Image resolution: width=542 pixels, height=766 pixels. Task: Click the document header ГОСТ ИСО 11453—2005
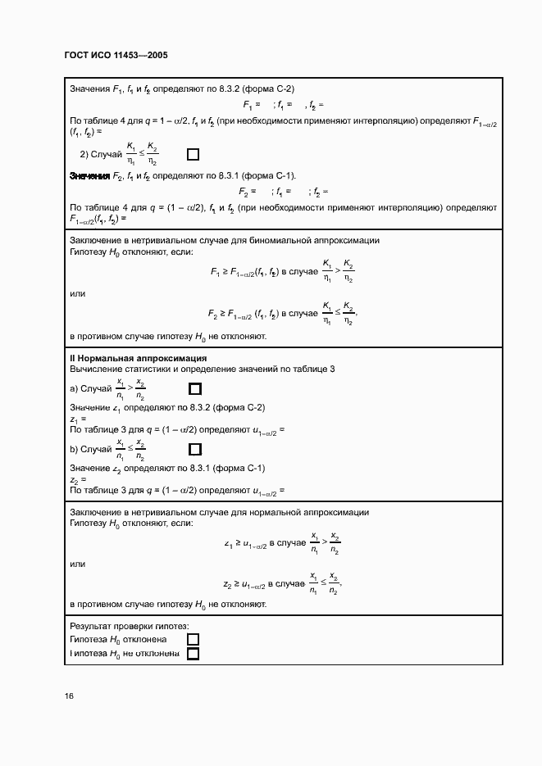tap(116, 56)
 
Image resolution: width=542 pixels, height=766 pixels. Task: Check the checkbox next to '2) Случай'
tap(194, 154)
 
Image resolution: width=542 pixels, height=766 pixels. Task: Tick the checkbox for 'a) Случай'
tap(195, 388)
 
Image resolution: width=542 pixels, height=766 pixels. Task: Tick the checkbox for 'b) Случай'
tap(195, 449)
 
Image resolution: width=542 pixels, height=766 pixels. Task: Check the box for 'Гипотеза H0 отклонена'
tap(194, 639)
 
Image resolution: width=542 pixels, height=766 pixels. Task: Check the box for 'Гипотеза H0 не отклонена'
tap(194, 654)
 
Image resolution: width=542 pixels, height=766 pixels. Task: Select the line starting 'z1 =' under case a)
tap(79, 419)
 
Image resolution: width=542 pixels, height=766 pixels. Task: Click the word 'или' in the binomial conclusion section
tap(78, 293)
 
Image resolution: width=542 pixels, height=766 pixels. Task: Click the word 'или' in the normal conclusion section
tap(78, 564)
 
